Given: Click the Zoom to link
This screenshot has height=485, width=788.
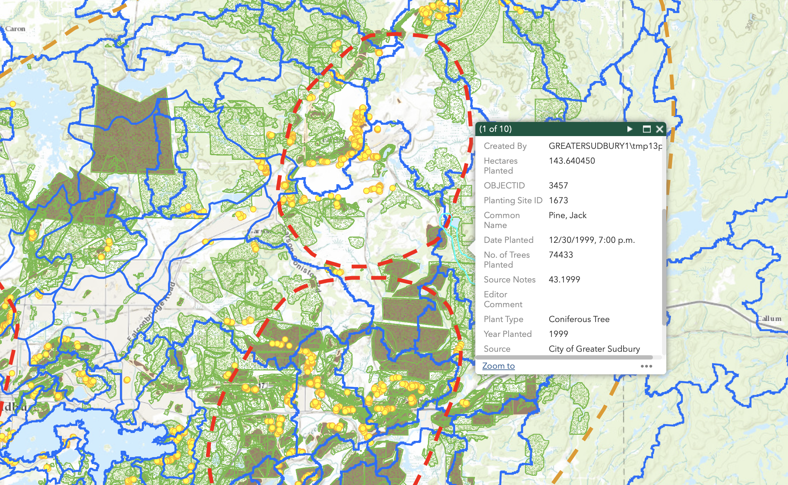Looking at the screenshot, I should (498, 366).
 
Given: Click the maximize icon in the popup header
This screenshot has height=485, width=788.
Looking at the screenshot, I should (647, 129).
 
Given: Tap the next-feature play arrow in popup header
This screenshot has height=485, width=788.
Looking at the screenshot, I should (630, 129).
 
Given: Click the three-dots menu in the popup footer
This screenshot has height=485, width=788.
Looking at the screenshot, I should (646, 366).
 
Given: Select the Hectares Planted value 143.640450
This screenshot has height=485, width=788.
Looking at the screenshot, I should (572, 161).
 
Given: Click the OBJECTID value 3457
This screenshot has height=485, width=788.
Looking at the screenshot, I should (558, 186).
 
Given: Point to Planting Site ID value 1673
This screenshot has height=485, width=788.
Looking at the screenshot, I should (558, 200).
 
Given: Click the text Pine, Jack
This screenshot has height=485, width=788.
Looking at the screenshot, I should (567, 215).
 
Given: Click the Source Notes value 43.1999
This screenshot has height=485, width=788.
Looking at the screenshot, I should (564, 280).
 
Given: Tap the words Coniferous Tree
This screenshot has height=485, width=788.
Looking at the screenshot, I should (579, 319).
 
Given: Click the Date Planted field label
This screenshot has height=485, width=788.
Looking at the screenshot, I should (508, 240).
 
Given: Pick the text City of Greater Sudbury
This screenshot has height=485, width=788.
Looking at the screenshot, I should (594, 349).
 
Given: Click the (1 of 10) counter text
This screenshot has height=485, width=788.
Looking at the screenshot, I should (495, 129).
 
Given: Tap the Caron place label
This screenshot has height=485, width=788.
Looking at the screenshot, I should (15, 29).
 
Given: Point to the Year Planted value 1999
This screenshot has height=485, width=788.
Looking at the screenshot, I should (558, 334).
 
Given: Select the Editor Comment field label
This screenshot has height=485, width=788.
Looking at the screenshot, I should (503, 299).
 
